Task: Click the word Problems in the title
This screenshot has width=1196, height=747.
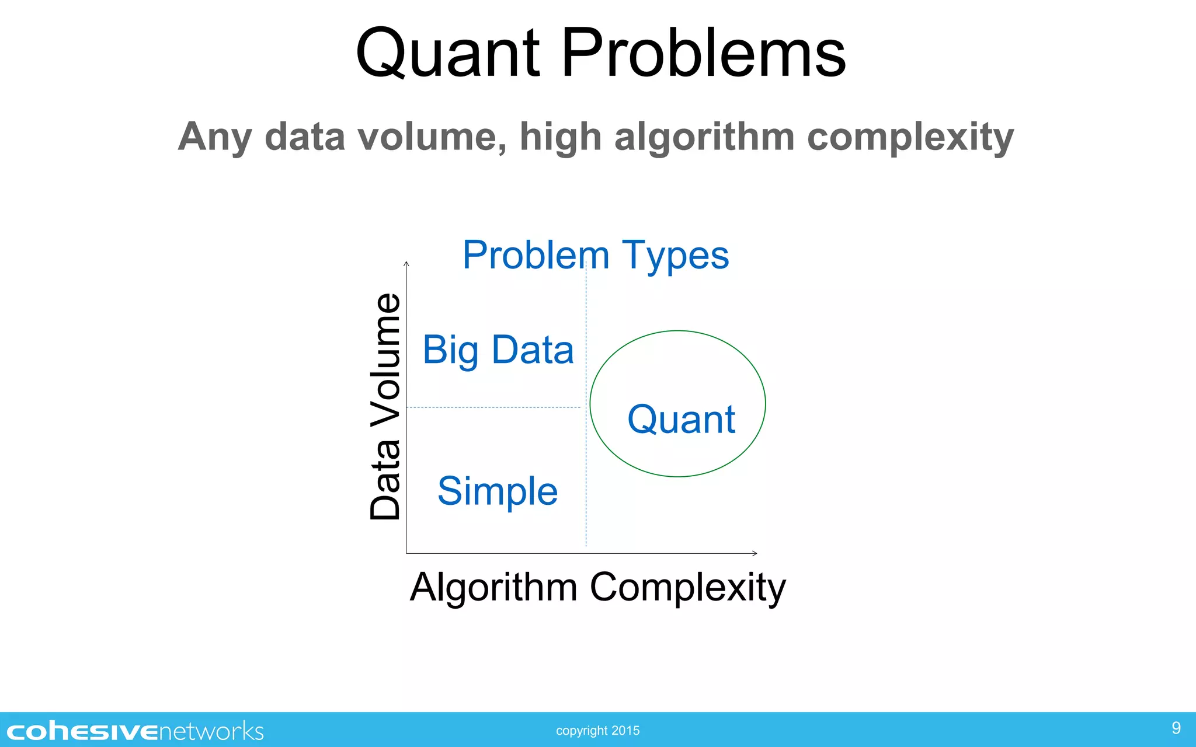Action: pyautogui.click(x=703, y=54)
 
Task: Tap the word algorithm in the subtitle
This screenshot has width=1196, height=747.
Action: pyautogui.click(x=704, y=138)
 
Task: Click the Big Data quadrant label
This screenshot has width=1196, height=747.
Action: pyautogui.click(x=498, y=350)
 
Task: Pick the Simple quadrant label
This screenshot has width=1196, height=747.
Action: pyautogui.click(x=498, y=491)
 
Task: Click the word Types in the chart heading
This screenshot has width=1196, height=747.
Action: pyautogui.click(x=675, y=256)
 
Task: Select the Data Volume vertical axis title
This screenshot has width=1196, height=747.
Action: pyautogui.click(x=385, y=406)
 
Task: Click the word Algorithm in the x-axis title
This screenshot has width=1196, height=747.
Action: pyautogui.click(x=493, y=587)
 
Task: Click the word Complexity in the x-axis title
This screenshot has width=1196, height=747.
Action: pyautogui.click(x=687, y=587)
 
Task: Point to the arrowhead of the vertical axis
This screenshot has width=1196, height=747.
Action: pyautogui.click(x=406, y=264)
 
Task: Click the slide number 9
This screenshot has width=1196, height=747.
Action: pyautogui.click(x=1176, y=728)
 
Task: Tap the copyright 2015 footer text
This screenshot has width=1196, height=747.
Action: pyautogui.click(x=597, y=731)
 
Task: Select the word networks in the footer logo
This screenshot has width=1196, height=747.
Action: pyautogui.click(x=211, y=731)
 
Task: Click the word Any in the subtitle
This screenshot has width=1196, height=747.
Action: pyautogui.click(x=215, y=138)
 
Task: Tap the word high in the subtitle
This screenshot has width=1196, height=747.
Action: pyautogui.click(x=560, y=138)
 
